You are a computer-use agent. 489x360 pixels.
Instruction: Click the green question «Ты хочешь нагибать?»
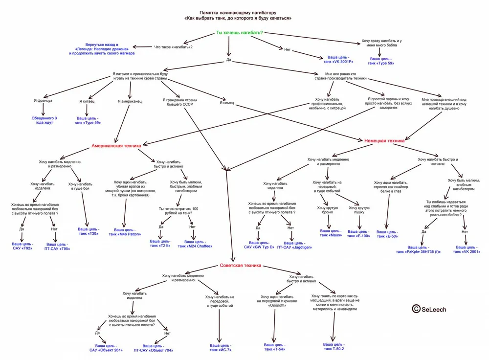click(239, 33)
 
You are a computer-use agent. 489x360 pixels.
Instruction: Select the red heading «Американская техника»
click(116, 146)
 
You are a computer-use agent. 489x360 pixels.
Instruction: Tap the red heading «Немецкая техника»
click(384, 140)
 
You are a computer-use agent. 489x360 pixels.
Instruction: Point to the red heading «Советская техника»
click(241, 266)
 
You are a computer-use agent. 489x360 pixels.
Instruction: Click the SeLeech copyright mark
click(429, 309)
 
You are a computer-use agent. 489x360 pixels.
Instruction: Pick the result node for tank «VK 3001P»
click(337, 60)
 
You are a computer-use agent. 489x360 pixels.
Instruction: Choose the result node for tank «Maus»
click(331, 233)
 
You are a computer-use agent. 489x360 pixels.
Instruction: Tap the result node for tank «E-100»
click(358, 233)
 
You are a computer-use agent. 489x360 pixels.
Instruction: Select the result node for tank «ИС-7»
click(220, 347)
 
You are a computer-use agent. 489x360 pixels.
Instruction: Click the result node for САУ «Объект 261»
click(106, 347)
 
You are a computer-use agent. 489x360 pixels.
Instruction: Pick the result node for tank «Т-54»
click(274, 347)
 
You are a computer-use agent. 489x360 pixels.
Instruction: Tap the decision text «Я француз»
click(43, 100)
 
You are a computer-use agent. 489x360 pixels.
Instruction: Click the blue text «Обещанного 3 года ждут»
click(44, 120)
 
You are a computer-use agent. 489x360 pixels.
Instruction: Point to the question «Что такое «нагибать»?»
click(173, 46)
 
